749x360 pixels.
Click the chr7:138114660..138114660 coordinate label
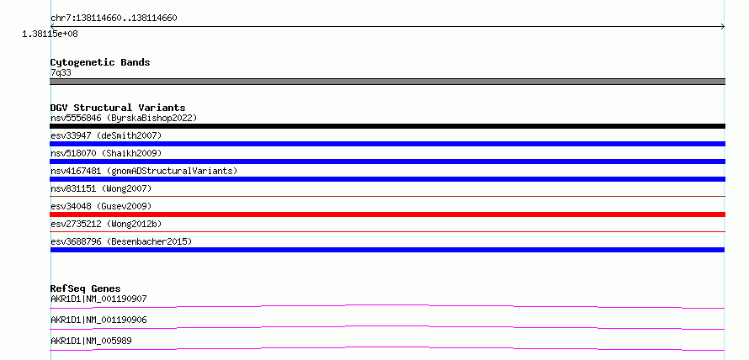pos(114,19)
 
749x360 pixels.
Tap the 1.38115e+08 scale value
pos(50,34)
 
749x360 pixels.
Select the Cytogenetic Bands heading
pos(100,62)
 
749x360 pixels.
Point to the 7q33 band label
pos(61,72)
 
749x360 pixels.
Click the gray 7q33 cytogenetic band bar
pos(387,82)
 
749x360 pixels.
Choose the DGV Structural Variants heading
pos(118,108)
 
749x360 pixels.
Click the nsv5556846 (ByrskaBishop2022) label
pos(124,118)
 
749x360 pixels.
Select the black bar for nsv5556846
pos(387,126)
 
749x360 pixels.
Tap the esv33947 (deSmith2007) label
pos(106,135)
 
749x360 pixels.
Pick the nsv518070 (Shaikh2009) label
pos(106,153)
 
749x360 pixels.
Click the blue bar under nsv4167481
pos(387,179)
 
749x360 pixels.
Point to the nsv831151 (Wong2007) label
pos(101,188)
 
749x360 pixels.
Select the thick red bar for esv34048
pos(387,214)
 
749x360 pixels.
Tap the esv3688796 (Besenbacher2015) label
pos(121,241)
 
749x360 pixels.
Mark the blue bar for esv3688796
pos(387,250)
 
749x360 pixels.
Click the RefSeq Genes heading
pos(86,289)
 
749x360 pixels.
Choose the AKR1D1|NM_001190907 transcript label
pos(98,299)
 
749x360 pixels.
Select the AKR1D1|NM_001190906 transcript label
pos(98,320)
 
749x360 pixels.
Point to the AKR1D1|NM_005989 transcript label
pos(91,341)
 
